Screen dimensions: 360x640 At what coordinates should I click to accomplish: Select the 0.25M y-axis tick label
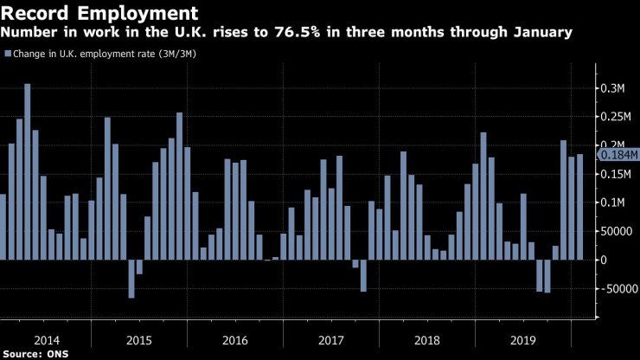click(615, 117)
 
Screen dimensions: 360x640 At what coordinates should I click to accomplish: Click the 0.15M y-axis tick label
click(615, 174)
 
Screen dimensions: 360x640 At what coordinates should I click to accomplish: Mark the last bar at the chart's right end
click(579, 207)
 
